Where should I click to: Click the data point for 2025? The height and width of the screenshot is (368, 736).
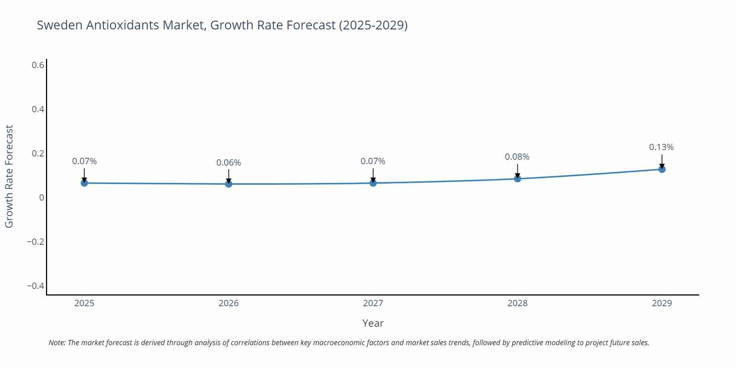[84, 183]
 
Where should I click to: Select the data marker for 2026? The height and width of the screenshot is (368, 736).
[229, 184]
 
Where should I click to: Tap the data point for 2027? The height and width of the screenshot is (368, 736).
[373, 183]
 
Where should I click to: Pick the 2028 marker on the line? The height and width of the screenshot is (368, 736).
[517, 179]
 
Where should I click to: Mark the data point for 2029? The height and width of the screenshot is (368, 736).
[662, 169]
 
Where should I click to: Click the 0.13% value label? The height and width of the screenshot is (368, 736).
[661, 147]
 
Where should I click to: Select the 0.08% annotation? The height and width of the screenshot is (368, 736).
[517, 157]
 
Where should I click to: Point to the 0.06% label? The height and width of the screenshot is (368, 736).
[229, 163]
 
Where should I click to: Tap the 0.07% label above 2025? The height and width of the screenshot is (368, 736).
[84, 161]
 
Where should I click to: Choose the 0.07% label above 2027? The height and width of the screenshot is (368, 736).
[373, 161]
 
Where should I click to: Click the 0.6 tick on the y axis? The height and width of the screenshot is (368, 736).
[38, 65]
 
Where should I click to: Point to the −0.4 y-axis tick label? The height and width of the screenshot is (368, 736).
[35, 286]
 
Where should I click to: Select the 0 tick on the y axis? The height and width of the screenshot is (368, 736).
[42, 198]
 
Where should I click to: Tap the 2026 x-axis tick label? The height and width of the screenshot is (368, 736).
[229, 303]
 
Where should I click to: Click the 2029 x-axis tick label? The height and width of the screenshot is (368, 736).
[662, 303]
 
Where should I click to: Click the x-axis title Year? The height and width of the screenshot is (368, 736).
[373, 323]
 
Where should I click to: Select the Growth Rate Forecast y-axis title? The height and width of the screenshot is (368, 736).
[9, 176]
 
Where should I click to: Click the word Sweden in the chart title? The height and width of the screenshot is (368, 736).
[60, 25]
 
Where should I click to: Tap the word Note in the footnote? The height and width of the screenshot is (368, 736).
[57, 343]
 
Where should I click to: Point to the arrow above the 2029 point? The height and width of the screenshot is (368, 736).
[662, 161]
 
